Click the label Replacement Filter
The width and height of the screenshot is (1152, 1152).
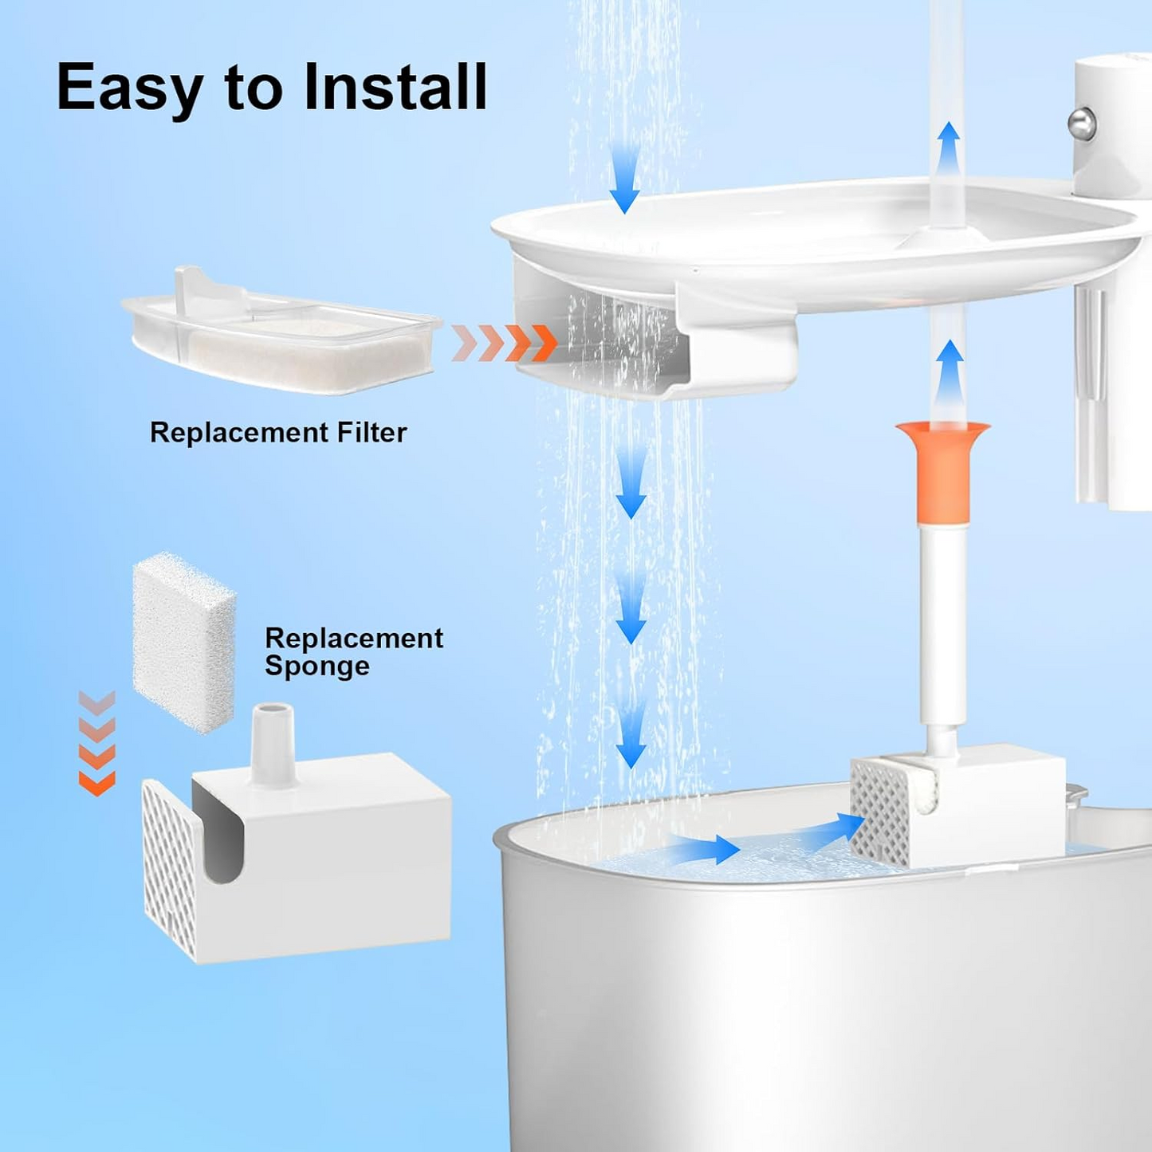click(278, 432)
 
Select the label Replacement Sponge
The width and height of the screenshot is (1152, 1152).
click(353, 651)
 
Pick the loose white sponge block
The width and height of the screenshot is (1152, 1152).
click(183, 642)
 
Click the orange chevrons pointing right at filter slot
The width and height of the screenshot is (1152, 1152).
click(504, 344)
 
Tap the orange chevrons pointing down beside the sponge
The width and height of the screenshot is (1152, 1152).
click(96, 743)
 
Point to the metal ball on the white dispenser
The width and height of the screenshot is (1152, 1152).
click(1082, 124)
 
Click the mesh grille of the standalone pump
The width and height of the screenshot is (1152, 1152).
click(168, 869)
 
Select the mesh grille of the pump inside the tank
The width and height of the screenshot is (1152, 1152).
click(879, 812)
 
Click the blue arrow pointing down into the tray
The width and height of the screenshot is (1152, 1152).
click(624, 179)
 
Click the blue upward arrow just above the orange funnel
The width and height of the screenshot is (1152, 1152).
click(948, 372)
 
